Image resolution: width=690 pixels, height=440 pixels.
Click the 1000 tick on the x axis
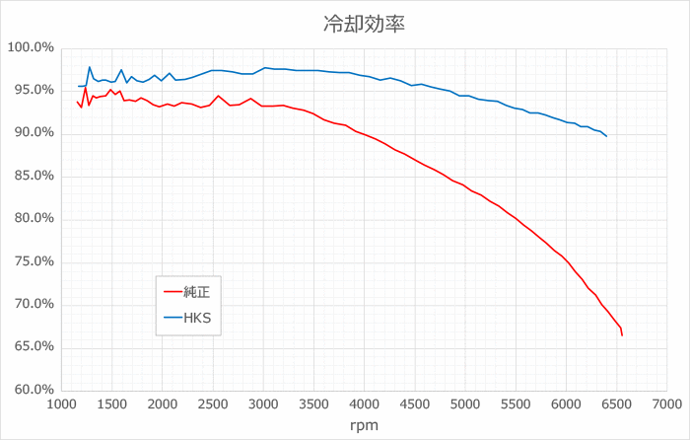tap(61, 403)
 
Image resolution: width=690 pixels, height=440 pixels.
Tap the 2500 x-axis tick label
tap(213, 403)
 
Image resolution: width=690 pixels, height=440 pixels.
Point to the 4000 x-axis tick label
tap(364, 403)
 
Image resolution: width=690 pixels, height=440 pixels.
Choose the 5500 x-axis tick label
tap(516, 403)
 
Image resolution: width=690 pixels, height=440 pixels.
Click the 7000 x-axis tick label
tap(666, 403)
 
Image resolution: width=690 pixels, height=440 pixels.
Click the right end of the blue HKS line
tap(606, 136)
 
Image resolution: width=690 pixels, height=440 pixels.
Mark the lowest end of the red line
tap(622, 335)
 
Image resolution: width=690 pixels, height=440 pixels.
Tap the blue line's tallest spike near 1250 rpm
tap(90, 67)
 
